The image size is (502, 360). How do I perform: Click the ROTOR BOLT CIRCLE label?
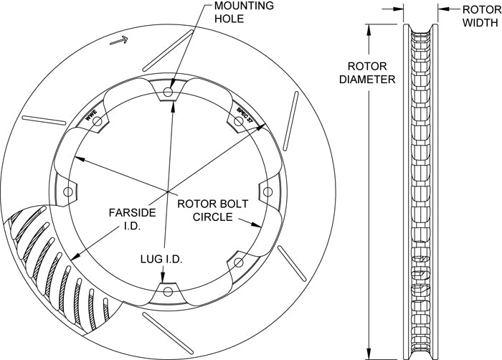pyautogui.click(x=215, y=210)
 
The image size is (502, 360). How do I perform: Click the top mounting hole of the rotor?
pyautogui.click(x=168, y=93)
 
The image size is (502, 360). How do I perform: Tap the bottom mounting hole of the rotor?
pyautogui.click(x=168, y=291)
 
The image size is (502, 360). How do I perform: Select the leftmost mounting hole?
pyautogui.click(x=69, y=192)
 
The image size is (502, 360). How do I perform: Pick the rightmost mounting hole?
pyautogui.click(x=267, y=191)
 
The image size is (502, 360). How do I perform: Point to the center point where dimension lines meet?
pyautogui.click(x=168, y=191)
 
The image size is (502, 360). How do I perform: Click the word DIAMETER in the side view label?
pyautogui.click(x=367, y=80)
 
